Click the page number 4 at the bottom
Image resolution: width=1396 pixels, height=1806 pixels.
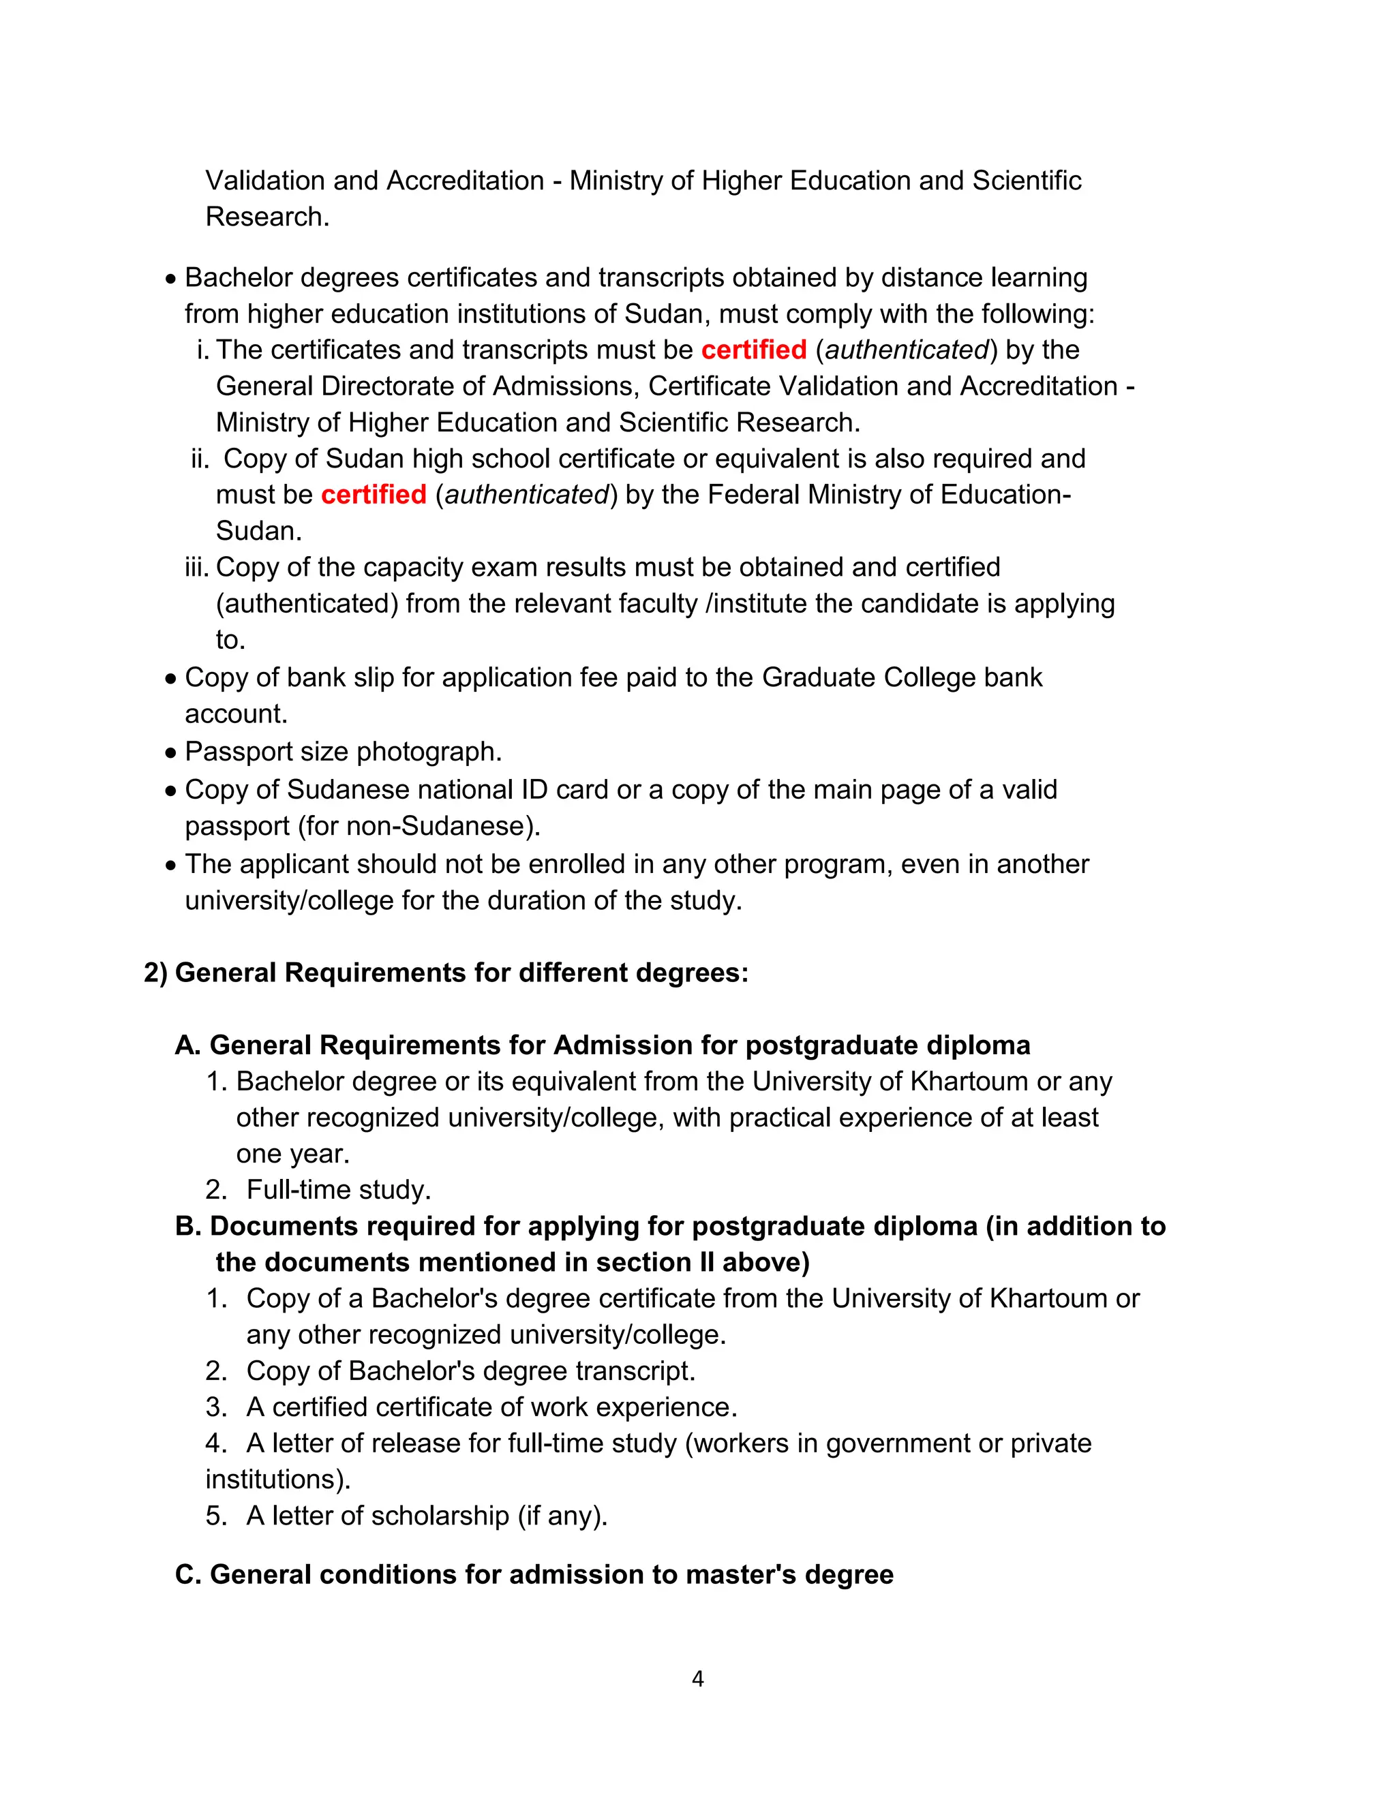click(697, 1679)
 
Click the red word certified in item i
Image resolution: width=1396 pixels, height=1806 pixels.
click(753, 350)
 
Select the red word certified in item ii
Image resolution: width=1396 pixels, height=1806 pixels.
click(373, 495)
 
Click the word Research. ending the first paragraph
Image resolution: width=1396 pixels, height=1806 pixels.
click(267, 217)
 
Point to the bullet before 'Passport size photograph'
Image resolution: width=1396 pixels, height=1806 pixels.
click(170, 753)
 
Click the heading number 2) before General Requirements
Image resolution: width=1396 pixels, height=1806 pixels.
click(155, 973)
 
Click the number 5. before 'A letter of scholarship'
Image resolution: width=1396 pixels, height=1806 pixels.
click(216, 1516)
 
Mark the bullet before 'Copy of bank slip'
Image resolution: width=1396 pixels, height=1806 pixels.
click(170, 679)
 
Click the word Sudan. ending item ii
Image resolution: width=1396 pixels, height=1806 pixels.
click(259, 531)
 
